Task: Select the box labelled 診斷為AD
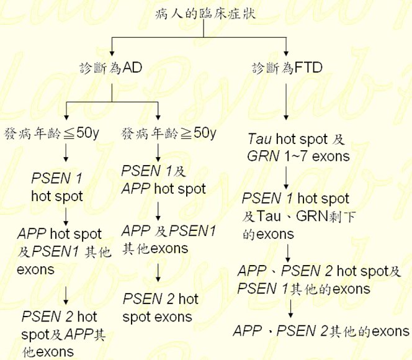[x=111, y=68]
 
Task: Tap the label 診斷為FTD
[x=286, y=68]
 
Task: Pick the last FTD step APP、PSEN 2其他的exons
[x=321, y=331]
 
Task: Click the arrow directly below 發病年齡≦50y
[x=65, y=153]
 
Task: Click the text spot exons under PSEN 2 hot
[x=157, y=317]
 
